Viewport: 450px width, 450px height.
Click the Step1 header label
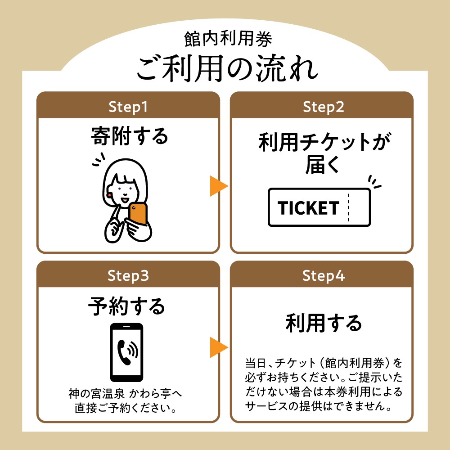[x=128, y=107]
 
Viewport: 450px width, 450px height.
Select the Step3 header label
[x=128, y=276]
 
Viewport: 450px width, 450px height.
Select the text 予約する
[x=126, y=306]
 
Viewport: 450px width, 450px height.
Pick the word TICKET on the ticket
[x=308, y=208]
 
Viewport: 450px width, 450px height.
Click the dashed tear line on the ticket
[x=348, y=207]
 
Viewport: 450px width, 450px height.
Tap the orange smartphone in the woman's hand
[x=138, y=214]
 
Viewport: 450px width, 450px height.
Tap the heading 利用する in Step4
[x=324, y=323]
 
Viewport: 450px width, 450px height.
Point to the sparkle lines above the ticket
[x=374, y=181]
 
